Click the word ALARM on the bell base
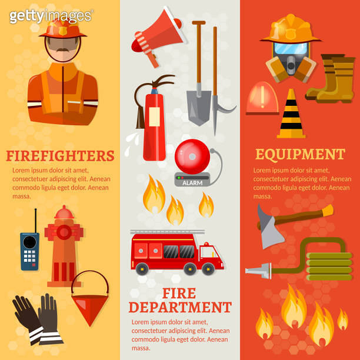192,182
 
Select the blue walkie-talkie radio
29,251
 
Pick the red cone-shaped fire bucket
90,302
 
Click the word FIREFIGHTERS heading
59,156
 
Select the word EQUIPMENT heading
299,155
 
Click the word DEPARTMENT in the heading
179,307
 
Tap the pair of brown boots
333,79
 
